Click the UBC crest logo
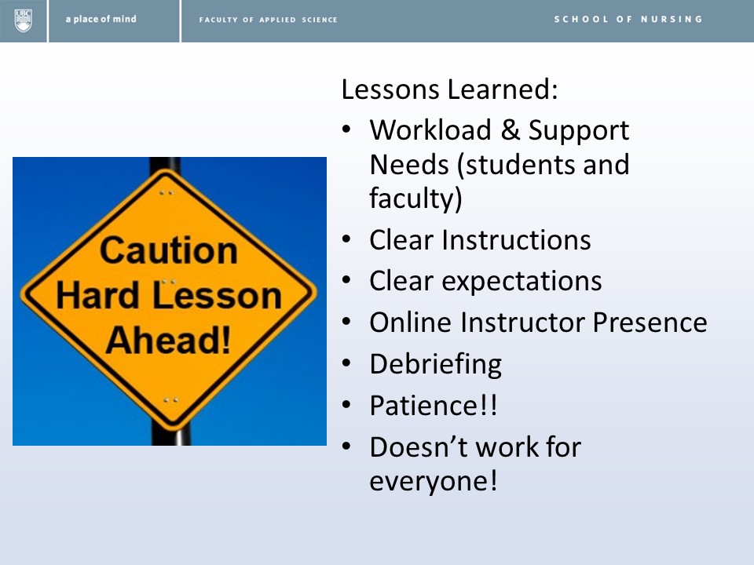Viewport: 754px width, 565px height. pyautogui.click(x=23, y=20)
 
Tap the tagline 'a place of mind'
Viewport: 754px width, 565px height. pyautogui.click(x=101, y=19)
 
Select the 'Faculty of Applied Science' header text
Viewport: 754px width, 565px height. pyautogui.click(x=269, y=20)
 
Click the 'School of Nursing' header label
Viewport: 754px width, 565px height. pyautogui.click(x=628, y=19)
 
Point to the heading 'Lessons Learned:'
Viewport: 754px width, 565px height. pyautogui.click(x=449, y=89)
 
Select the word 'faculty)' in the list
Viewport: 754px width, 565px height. pyautogui.click(x=416, y=199)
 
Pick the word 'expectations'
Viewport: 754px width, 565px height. pyautogui.click(x=522, y=282)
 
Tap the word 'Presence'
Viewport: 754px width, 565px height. pyautogui.click(x=650, y=322)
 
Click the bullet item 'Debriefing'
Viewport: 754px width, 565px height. pyautogui.click(x=436, y=364)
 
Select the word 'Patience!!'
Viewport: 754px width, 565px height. pyautogui.click(x=434, y=406)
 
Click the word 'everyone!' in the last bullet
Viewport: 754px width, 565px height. pyautogui.click(x=434, y=481)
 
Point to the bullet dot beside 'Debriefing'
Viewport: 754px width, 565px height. pyautogui.click(x=346, y=363)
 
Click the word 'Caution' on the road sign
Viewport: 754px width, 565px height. pyautogui.click(x=169, y=250)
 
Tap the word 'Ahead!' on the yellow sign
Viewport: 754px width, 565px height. pyautogui.click(x=168, y=340)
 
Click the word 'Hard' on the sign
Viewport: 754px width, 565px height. pyautogui.click(x=98, y=295)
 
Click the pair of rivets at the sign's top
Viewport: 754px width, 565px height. pyautogui.click(x=167, y=193)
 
